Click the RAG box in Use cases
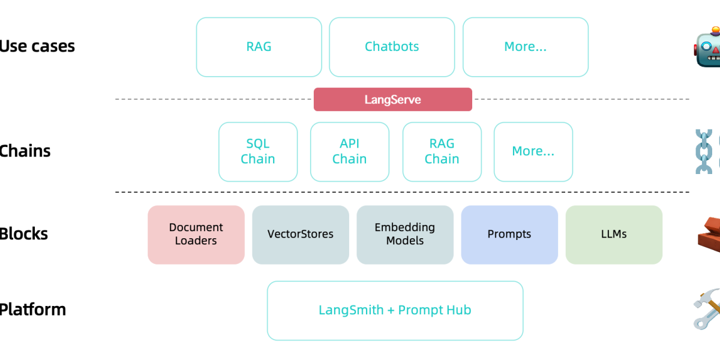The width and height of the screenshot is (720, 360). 259,47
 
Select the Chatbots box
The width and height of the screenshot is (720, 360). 392,47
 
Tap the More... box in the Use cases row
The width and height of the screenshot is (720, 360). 525,47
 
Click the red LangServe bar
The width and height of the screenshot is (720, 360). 393,100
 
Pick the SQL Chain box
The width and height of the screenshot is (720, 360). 258,152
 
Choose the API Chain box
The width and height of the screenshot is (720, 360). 350,152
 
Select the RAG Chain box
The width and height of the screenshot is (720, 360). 442,152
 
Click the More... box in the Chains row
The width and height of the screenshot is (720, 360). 533,152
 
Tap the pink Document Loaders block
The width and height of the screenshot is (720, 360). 196,235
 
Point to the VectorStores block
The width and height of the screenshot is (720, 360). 300,235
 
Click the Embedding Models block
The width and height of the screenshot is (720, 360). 405,235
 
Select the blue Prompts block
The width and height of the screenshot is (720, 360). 509,235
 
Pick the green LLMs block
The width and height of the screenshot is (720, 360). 614,235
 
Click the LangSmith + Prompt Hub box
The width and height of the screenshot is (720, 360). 395,310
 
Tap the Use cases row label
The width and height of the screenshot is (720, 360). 37,46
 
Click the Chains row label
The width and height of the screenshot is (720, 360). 25,151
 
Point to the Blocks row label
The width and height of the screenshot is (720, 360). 24,234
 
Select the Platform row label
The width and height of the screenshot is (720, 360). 32,310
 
